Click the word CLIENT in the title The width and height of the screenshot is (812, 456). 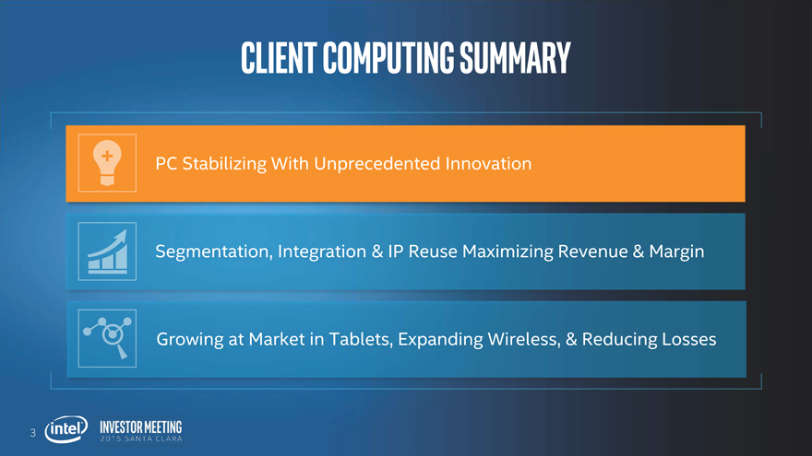click(279, 57)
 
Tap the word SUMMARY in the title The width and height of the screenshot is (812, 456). click(515, 57)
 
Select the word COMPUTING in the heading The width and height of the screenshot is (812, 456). click(388, 57)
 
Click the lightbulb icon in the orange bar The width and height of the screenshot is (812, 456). click(107, 163)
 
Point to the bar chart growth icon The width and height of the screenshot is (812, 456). click(107, 251)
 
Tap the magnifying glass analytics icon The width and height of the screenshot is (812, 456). click(107, 338)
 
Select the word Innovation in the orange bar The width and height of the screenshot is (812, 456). click(488, 163)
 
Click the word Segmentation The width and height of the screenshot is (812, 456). click(214, 251)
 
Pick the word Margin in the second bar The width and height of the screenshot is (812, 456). click(676, 251)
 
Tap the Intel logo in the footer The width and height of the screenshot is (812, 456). click(66, 429)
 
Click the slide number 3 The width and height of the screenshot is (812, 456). click(32, 433)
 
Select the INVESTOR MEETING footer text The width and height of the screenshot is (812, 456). click(141, 427)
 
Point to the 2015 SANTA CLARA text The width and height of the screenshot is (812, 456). click(141, 438)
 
